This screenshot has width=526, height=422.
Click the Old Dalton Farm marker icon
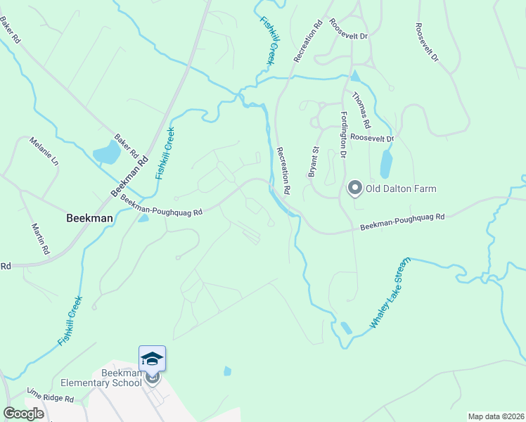(354, 188)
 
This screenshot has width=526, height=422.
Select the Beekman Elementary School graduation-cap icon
(152, 359)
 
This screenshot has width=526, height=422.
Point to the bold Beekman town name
(89, 218)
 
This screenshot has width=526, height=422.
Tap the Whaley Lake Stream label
(390, 302)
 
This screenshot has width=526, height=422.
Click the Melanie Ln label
(44, 151)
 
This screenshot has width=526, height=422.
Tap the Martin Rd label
(40, 238)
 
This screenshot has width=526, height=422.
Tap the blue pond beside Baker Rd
(106, 152)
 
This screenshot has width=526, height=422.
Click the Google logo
(23, 414)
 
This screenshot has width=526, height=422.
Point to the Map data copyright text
(496, 416)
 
